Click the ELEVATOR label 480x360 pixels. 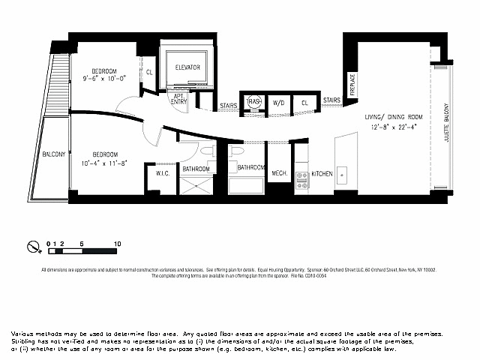(x=187, y=67)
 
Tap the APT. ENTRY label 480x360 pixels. (x=179, y=99)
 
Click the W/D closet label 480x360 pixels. (x=278, y=102)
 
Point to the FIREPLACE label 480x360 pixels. (x=352, y=85)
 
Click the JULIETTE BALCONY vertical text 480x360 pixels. (x=446, y=123)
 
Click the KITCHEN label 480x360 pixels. (x=322, y=174)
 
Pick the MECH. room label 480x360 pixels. (x=280, y=174)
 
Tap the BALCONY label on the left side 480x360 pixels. (x=53, y=154)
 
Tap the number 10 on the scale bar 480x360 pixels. (x=118, y=244)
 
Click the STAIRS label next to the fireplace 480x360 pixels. (x=331, y=99)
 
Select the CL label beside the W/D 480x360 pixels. (x=304, y=102)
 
